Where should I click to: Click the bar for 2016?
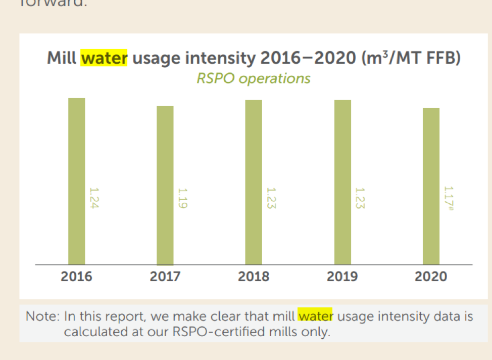[77, 181]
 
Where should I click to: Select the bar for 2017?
[165, 185]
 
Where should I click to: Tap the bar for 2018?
[254, 182]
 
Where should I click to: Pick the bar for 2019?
[342, 182]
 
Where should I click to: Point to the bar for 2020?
[431, 186]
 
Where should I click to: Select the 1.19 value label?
[182, 198]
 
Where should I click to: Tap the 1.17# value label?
[448, 198]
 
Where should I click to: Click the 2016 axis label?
[77, 277]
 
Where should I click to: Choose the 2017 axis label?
[165, 277]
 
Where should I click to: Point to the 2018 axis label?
[254, 277]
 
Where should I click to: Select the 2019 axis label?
[342, 277]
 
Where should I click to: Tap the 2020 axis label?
[431, 277]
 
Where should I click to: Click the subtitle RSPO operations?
[253, 79]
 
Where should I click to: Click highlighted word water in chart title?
[104, 59]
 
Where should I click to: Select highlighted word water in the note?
[315, 317]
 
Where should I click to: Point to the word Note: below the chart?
[43, 317]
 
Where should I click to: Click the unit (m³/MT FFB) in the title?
[411, 59]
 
